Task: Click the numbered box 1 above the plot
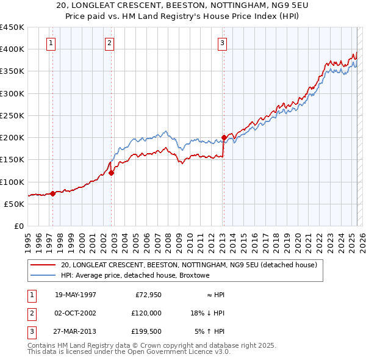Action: pyautogui.click(x=51, y=43)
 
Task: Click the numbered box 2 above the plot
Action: pyautogui.click(x=109, y=43)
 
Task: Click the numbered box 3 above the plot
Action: pyautogui.click(x=223, y=43)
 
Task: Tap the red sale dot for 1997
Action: pyautogui.click(x=52, y=193)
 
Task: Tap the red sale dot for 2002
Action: pyautogui.click(x=111, y=173)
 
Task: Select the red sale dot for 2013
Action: pyautogui.click(x=224, y=137)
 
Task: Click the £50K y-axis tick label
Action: pyautogui.click(x=15, y=204)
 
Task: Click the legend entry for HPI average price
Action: pyautogui.click(x=135, y=276)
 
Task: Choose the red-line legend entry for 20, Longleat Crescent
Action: pyautogui.click(x=188, y=265)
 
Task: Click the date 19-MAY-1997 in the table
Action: pyautogui.click(x=76, y=295)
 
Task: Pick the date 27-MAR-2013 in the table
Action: pyautogui.click(x=76, y=331)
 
